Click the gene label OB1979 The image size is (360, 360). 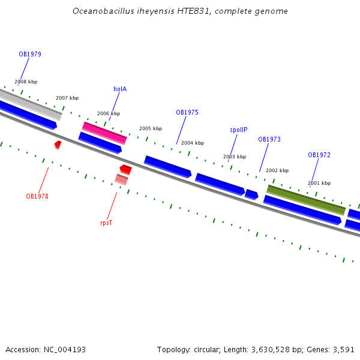pyautogui.click(x=30, y=54)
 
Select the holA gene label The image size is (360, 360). pyautogui.click(x=120, y=89)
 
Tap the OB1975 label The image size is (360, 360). pyautogui.click(x=187, y=112)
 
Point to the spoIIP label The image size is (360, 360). pyautogui.click(x=238, y=130)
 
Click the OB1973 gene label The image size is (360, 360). pyautogui.click(x=269, y=139)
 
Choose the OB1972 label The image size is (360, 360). pyautogui.click(x=319, y=155)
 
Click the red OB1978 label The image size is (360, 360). pyautogui.click(x=37, y=196)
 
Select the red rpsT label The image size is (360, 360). pyautogui.click(x=106, y=223)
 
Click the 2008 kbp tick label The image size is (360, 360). pyautogui.click(x=26, y=82)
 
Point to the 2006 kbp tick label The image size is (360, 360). pyautogui.click(x=109, y=113)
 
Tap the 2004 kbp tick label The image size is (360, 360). pyautogui.click(x=193, y=143)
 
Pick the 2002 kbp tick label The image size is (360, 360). pyautogui.click(x=277, y=170)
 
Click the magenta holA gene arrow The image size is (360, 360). pyautogui.click(x=104, y=133)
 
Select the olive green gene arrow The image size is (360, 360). pyautogui.click(x=306, y=200)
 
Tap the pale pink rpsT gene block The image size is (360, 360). pyautogui.click(x=121, y=179)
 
